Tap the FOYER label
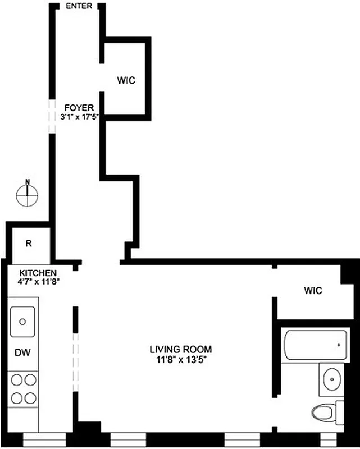(78, 108)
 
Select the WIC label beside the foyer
(126, 80)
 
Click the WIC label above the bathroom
(313, 291)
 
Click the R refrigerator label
(28, 244)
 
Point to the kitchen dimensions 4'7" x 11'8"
(39, 282)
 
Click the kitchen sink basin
(23, 322)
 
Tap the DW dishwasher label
(22, 353)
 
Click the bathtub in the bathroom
(314, 345)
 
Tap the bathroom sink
(332, 379)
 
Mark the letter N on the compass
(28, 181)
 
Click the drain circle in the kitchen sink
(23, 322)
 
